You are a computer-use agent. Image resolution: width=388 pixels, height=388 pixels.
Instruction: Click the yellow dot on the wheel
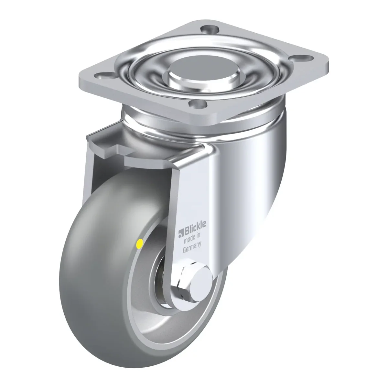140,244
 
